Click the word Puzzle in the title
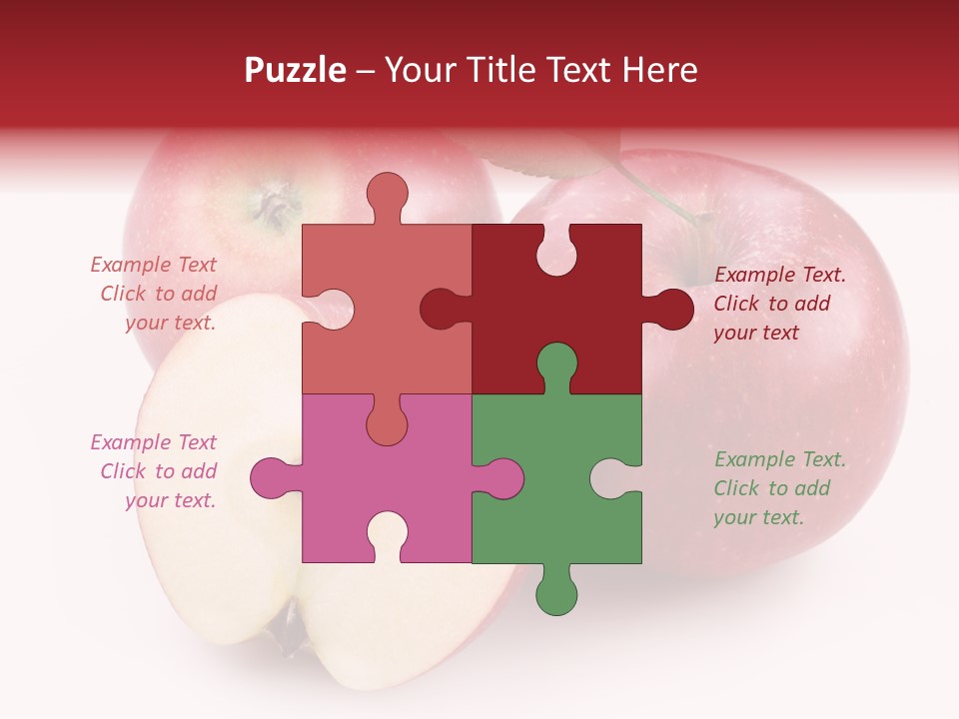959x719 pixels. [x=295, y=70]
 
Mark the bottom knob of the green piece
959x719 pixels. [x=556, y=591]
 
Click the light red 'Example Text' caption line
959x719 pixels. [x=153, y=265]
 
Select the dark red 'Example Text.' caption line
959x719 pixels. [x=779, y=275]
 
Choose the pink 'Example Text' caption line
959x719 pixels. [x=153, y=442]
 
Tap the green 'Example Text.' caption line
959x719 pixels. [x=779, y=459]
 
